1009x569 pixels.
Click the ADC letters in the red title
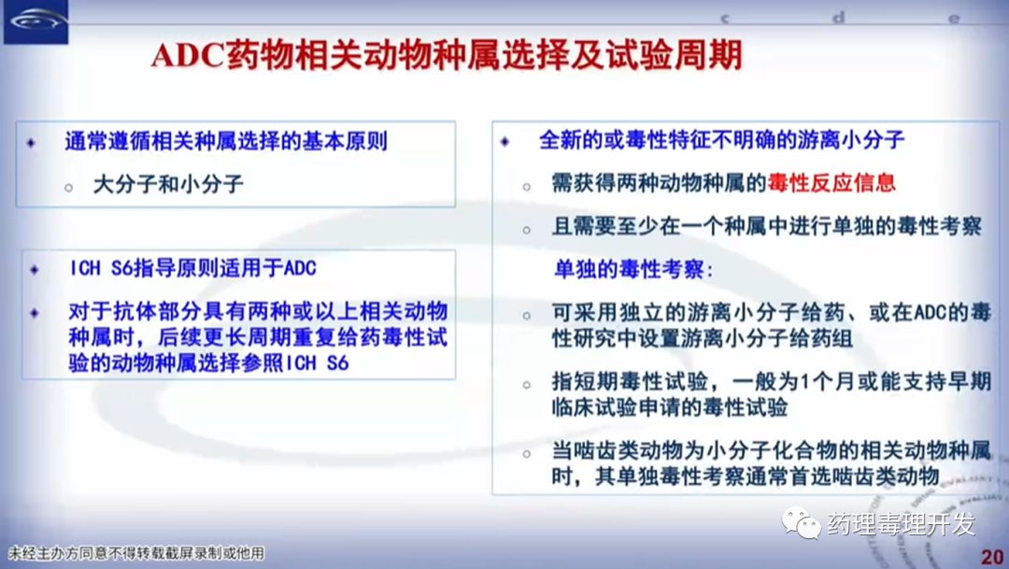click(x=187, y=55)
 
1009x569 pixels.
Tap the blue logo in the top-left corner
click(x=36, y=21)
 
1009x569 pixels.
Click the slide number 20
click(x=992, y=557)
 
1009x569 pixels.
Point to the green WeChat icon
click(x=801, y=522)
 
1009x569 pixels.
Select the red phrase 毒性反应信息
click(x=831, y=183)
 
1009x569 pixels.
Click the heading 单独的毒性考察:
click(x=633, y=269)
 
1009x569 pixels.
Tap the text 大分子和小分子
click(x=168, y=185)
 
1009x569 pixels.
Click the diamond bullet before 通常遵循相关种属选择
click(x=31, y=142)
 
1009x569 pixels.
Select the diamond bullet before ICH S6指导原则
click(x=35, y=269)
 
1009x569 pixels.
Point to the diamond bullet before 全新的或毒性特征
click(x=505, y=141)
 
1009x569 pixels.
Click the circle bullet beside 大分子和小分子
click(x=68, y=187)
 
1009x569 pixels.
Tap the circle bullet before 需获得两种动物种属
click(x=527, y=187)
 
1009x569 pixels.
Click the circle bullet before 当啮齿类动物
click(x=527, y=454)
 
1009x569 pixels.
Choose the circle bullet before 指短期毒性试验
click(x=527, y=385)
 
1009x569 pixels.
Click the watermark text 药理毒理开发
click(x=901, y=524)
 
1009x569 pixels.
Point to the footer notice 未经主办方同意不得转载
click(x=135, y=553)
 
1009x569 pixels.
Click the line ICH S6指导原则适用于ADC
click(x=192, y=268)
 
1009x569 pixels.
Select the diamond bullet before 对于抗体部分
click(x=35, y=313)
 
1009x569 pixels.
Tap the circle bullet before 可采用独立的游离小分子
click(x=527, y=316)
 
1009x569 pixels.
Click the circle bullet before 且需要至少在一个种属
click(x=527, y=230)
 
